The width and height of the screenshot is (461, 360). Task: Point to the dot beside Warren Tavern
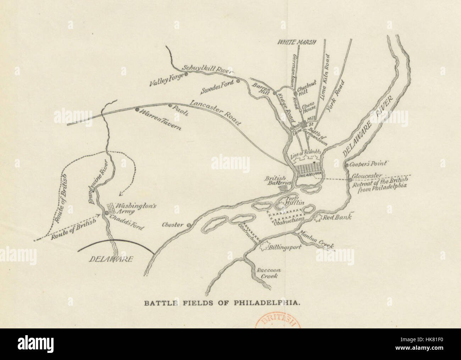pos(137,110)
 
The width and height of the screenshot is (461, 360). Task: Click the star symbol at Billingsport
pos(263,247)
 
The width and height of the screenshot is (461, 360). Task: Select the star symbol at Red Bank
pos(318,217)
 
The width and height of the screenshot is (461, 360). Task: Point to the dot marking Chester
pos(189,225)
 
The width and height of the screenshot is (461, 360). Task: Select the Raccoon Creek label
pos(267,272)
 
